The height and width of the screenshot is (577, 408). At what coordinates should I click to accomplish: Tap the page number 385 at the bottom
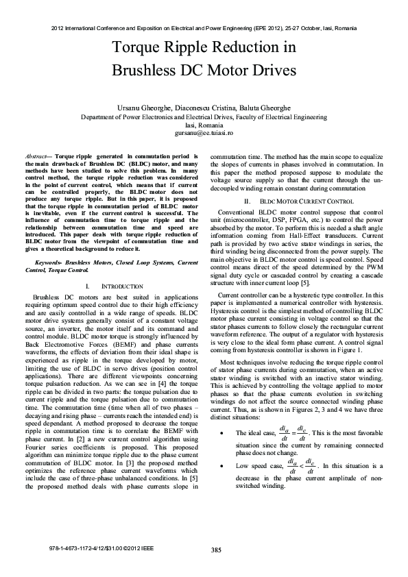(216, 550)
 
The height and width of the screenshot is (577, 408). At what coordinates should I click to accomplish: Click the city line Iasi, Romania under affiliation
(204, 125)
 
